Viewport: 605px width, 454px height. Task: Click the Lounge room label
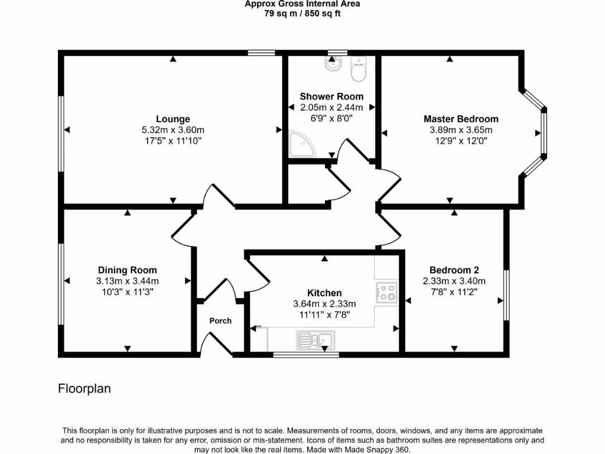click(x=173, y=119)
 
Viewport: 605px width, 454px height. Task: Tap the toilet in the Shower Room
click(x=359, y=70)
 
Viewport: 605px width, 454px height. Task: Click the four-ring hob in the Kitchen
click(x=387, y=291)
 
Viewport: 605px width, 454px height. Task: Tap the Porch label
click(x=220, y=321)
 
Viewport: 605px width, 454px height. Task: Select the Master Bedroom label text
click(x=461, y=119)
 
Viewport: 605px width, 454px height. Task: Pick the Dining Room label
click(x=127, y=270)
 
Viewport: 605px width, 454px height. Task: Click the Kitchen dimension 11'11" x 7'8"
click(x=324, y=314)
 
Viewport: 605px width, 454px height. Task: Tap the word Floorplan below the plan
click(x=84, y=388)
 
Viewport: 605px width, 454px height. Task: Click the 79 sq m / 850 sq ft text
click(x=302, y=14)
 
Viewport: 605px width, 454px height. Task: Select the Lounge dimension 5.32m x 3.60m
click(x=173, y=130)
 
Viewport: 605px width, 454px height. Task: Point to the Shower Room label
click(x=331, y=96)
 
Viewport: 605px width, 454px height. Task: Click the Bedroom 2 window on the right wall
click(x=506, y=296)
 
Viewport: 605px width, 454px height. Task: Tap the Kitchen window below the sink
click(x=305, y=355)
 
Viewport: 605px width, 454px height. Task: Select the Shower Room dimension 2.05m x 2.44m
click(x=331, y=108)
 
